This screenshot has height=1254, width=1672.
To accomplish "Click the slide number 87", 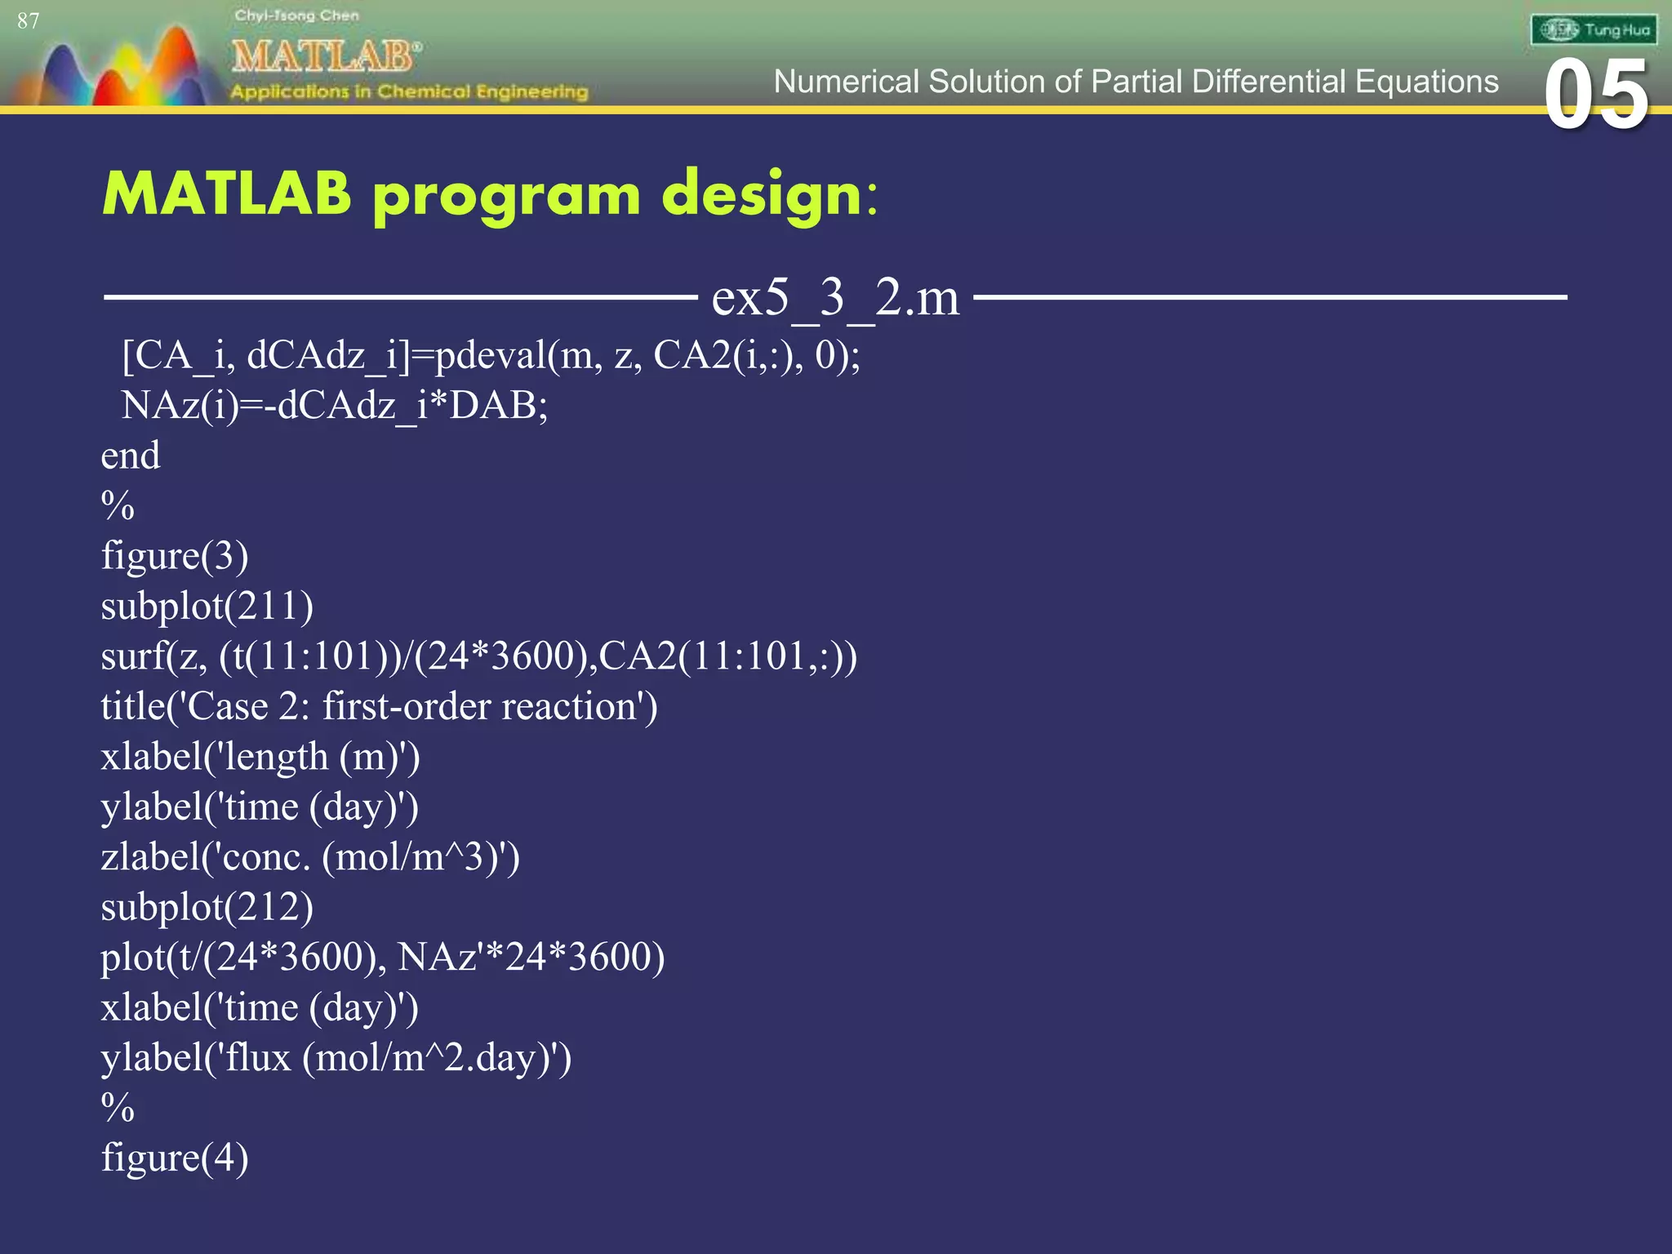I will (28, 20).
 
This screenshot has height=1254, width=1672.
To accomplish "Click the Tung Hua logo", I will (1593, 30).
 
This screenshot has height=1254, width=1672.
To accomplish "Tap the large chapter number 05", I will (1595, 96).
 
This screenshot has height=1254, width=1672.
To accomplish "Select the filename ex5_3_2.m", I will (834, 297).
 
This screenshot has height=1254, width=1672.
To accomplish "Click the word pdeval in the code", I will (490, 356).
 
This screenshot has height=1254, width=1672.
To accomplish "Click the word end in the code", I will (130, 456).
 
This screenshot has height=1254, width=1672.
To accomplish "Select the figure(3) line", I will (174, 556).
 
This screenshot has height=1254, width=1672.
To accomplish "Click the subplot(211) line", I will (207, 607).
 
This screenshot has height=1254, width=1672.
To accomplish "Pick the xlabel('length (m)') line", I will (260, 757).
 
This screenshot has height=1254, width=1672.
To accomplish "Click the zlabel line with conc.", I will (309, 857).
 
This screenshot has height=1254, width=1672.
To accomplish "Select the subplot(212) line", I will (207, 908).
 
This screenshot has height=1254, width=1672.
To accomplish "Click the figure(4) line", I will (174, 1158).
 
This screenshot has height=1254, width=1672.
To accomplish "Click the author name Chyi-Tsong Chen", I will (296, 16).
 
